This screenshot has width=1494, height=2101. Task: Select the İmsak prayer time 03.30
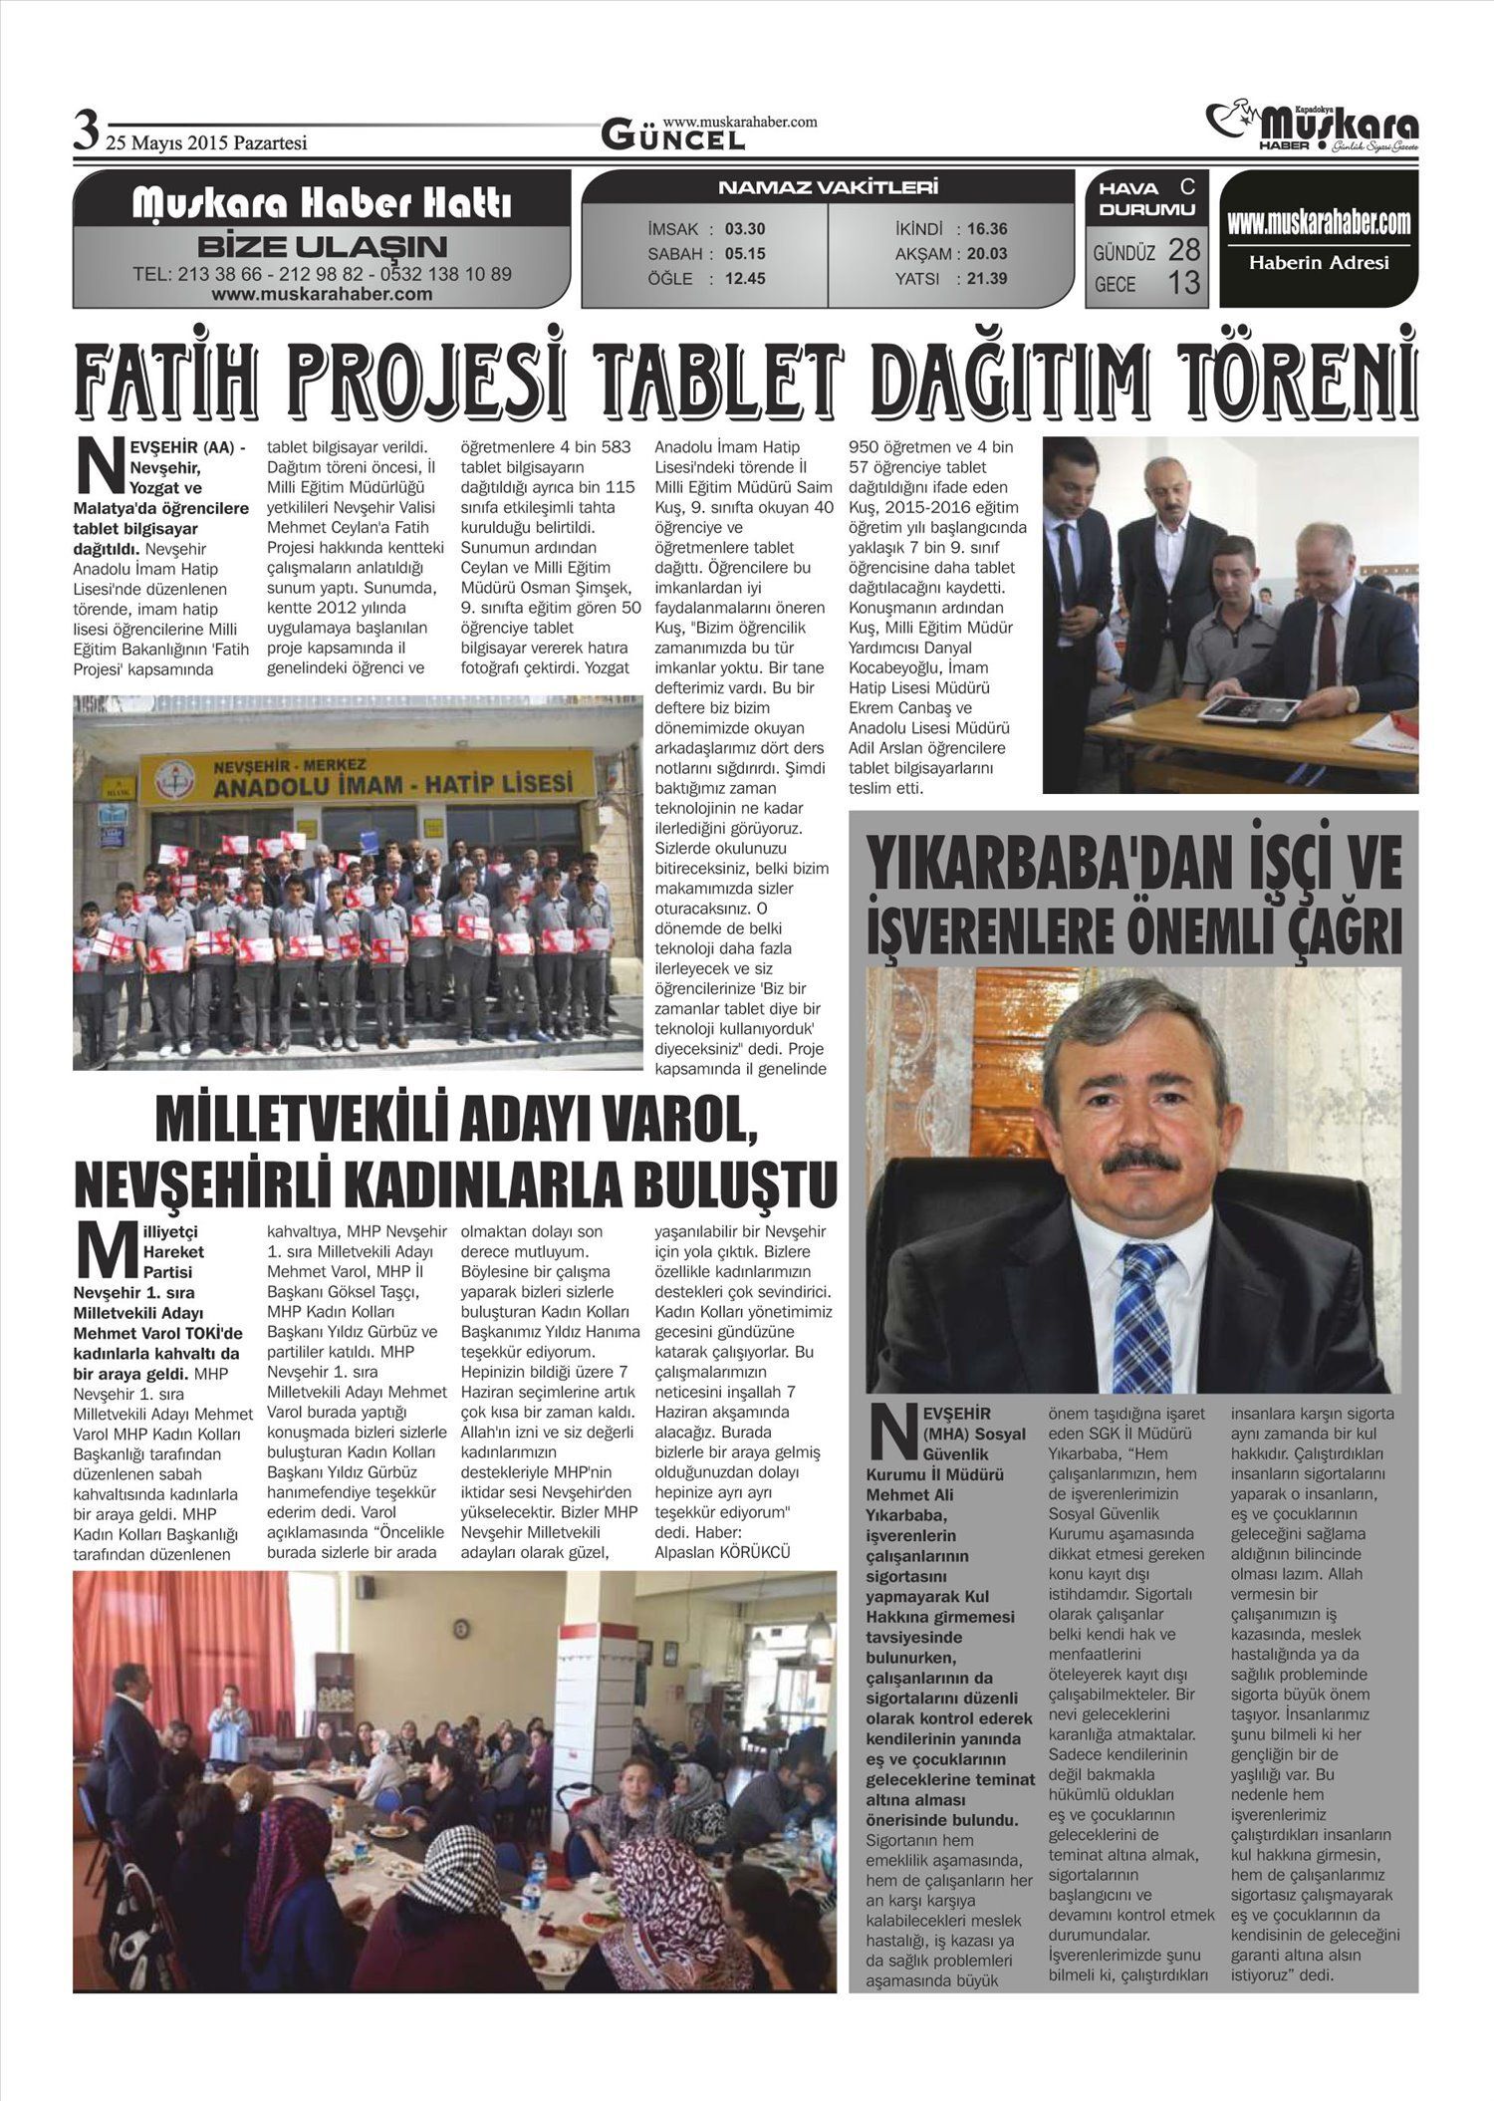pyautogui.click(x=745, y=229)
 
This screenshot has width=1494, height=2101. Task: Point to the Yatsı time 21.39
pyautogui.click(x=986, y=279)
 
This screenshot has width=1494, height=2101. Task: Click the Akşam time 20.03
pyautogui.click(x=986, y=254)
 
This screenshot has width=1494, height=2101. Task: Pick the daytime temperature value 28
pyautogui.click(x=1183, y=249)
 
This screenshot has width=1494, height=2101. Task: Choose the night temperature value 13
pyautogui.click(x=1183, y=284)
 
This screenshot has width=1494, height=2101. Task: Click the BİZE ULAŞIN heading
pyautogui.click(x=322, y=246)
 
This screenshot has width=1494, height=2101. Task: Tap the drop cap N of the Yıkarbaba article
pyautogui.click(x=890, y=1436)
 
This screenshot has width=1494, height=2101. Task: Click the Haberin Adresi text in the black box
pyautogui.click(x=1318, y=263)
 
